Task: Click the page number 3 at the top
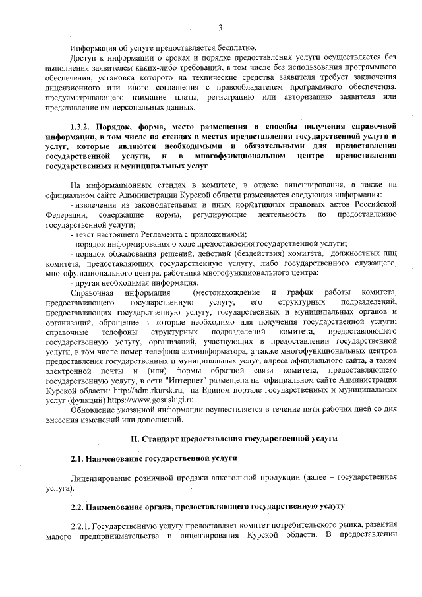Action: point(220,27)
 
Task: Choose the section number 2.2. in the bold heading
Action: point(80,506)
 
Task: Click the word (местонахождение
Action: point(224,292)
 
